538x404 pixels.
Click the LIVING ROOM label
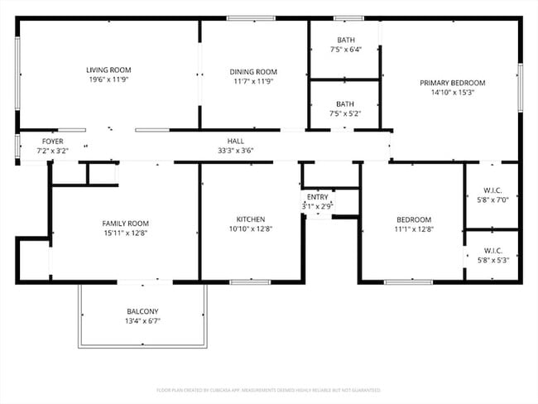click(108, 70)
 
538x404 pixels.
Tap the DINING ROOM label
click(253, 72)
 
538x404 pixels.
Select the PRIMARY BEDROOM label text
click(452, 83)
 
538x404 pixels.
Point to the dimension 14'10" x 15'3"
click(452, 93)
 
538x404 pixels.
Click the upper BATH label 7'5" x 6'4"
click(345, 41)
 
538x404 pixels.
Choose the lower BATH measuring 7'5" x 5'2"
click(345, 104)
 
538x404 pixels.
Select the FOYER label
click(52, 142)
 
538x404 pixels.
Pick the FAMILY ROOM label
click(125, 224)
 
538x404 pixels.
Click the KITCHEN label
click(250, 219)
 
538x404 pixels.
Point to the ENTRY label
click(317, 197)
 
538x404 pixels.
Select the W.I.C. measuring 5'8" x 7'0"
click(489, 194)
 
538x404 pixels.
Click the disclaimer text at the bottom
click(268, 389)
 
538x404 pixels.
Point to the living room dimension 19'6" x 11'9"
click(108, 79)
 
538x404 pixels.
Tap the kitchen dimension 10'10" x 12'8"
click(250, 229)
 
